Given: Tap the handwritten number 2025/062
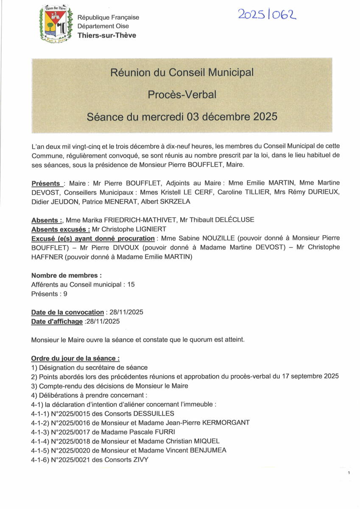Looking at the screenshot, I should tap(267, 15).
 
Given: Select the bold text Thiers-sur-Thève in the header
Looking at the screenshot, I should tap(107, 35).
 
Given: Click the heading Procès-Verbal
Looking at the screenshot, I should tap(182, 95).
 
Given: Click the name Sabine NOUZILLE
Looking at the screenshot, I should tap(198, 238).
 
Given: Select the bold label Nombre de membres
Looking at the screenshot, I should tap(66, 275).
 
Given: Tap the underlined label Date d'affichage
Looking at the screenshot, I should tap(57, 322).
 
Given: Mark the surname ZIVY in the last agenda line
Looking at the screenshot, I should tap(140, 459).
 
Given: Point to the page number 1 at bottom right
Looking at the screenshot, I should tap(348, 473).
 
